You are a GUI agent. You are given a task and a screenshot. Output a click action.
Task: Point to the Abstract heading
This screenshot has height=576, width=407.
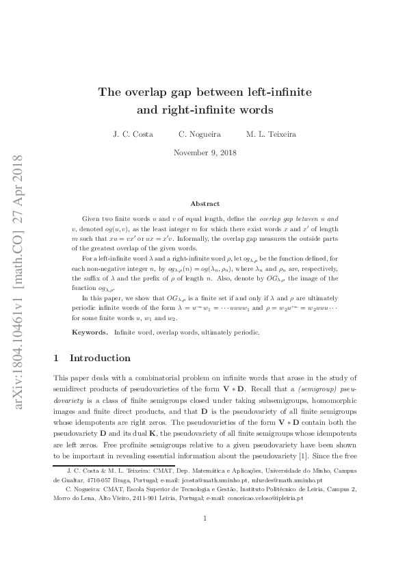[x=205, y=204]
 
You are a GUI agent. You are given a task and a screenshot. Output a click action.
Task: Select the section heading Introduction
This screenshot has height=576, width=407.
[x=100, y=358]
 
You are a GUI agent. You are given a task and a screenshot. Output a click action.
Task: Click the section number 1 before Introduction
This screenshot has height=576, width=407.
[x=56, y=358]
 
